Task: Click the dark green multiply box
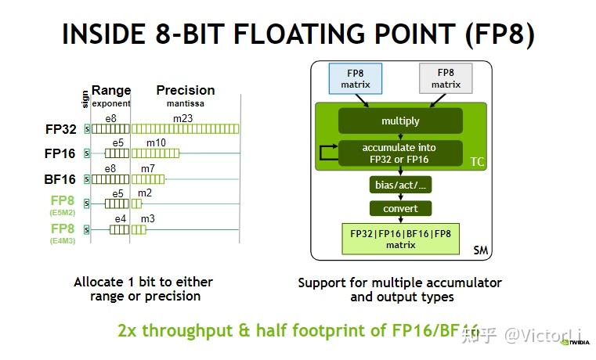coord(400,121)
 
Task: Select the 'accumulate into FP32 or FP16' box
coord(399,153)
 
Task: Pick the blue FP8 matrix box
coord(355,78)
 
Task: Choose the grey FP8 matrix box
coord(446,78)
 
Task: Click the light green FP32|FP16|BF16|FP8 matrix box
coord(399,238)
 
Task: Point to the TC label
coord(477,161)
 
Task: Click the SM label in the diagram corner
coord(481,251)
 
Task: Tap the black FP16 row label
coord(60,154)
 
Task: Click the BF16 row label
coord(60,179)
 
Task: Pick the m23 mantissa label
coord(182,118)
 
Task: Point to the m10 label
coord(156,142)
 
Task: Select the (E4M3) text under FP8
coord(63,241)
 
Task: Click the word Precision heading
coord(186,90)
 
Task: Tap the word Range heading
coord(111,90)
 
